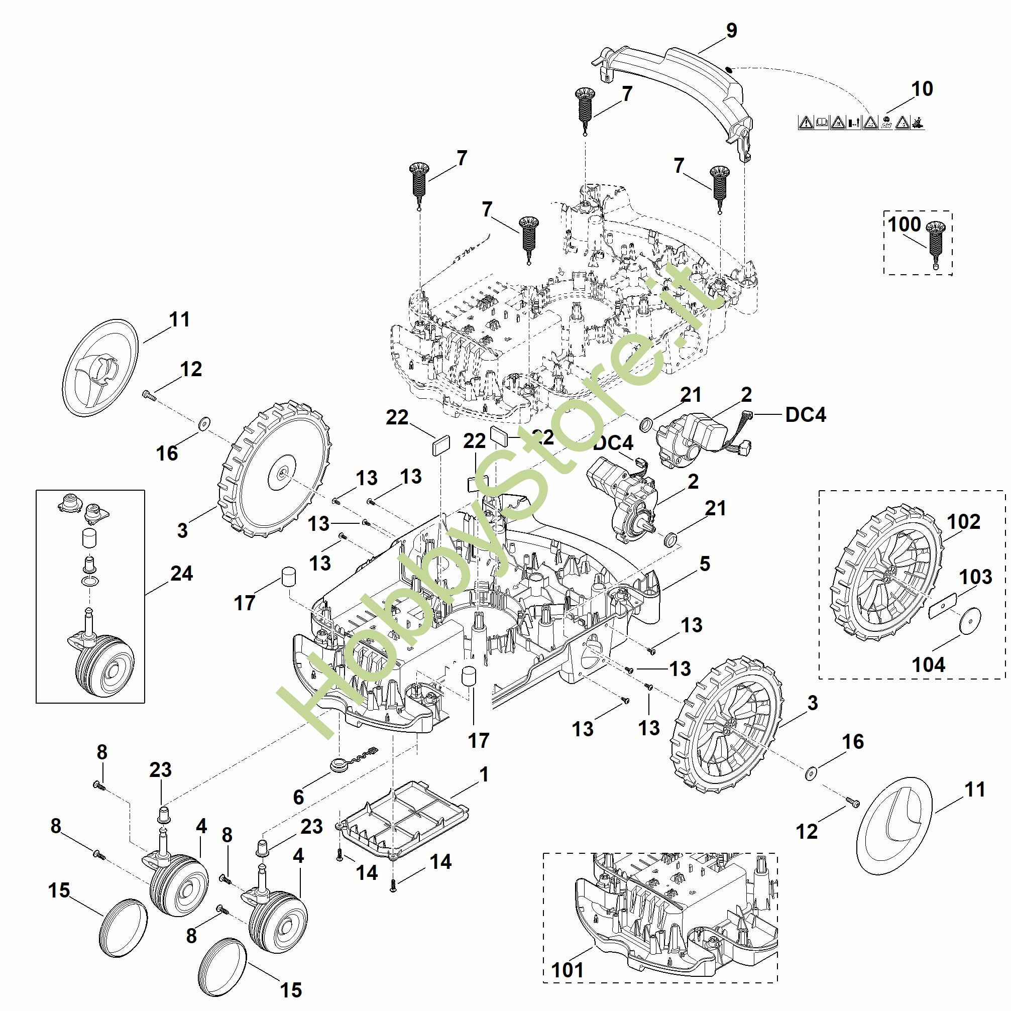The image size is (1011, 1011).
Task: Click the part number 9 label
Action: point(732,30)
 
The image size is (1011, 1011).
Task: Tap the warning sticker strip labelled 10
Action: point(861,123)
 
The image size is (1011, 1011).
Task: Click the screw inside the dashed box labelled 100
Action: point(936,243)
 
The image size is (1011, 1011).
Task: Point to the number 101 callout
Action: point(567,970)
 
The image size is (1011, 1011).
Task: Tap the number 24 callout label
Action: point(182,574)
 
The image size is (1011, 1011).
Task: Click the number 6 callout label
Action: point(298,797)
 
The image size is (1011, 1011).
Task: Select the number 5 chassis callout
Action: point(705,564)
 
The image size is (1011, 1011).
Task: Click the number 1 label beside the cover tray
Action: point(484,774)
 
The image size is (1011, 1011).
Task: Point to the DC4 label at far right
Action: point(806,414)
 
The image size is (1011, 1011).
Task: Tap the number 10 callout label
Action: point(922,89)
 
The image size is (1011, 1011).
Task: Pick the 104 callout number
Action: point(928,665)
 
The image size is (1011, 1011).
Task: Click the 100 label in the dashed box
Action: point(904,224)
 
